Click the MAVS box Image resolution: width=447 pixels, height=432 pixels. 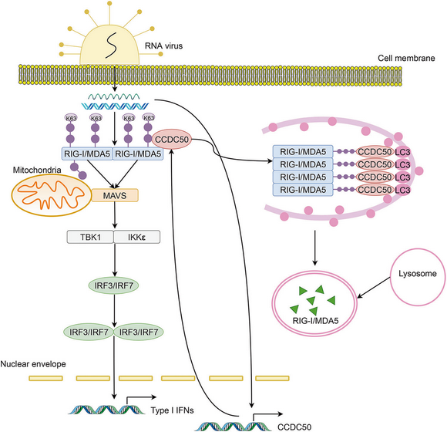pos(115,195)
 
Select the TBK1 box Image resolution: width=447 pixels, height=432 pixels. pos(90,237)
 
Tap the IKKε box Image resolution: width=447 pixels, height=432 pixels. pos(137,237)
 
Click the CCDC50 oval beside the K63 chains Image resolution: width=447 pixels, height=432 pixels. pos(172,140)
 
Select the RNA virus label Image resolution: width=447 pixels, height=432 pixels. pos(163,46)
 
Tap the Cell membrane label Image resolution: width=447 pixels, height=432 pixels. pos(406,58)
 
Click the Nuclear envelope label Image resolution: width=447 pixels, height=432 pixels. pos(33,364)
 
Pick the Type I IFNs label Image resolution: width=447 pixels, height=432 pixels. pos(172,410)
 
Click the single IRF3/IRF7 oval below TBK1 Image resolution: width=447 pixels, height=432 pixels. pos(114,285)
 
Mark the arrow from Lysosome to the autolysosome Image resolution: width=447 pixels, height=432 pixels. pos(374,288)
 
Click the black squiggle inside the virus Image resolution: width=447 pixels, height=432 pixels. pos(111,45)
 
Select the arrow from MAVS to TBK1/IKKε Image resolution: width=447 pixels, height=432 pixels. pos(115,215)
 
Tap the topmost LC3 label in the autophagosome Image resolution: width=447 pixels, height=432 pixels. pos(402,152)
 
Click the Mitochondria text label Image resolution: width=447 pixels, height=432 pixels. pos(37,170)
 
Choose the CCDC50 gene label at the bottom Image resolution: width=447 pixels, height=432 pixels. pos(294,427)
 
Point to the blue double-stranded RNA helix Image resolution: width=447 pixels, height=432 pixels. pos(115,106)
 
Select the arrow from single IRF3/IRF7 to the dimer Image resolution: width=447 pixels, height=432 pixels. pos(115,310)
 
